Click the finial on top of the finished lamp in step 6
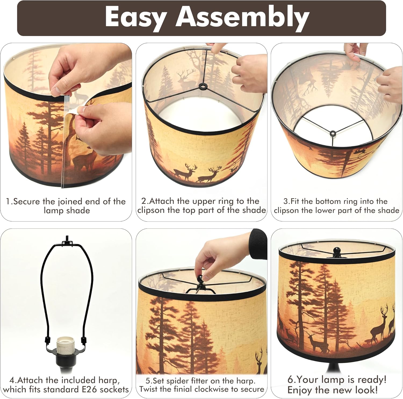tap(336, 251)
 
